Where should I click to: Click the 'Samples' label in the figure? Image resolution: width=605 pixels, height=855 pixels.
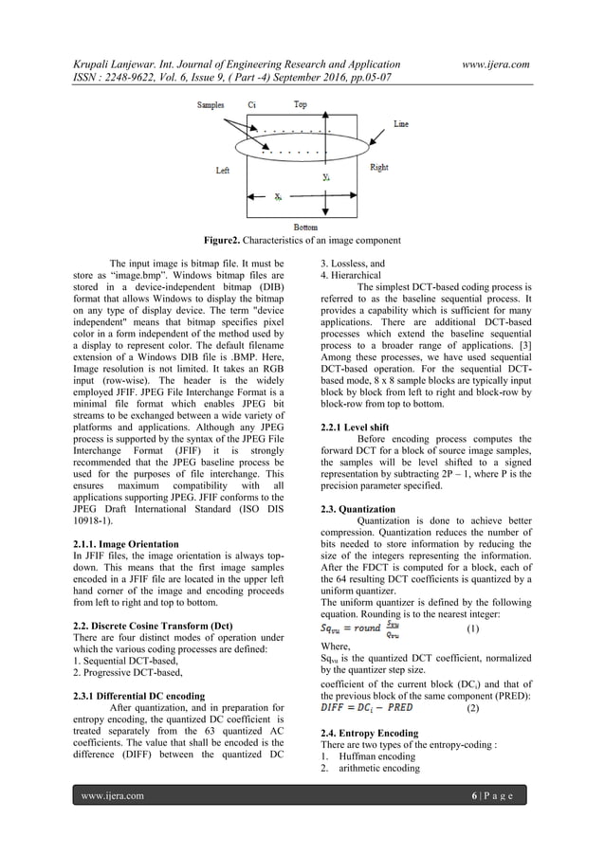tap(211, 104)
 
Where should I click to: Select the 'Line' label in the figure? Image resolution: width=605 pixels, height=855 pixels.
tap(401, 124)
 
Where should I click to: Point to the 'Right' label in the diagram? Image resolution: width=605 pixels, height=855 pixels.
tap(378, 168)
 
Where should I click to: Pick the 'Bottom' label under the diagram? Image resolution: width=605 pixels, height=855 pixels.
tap(305, 228)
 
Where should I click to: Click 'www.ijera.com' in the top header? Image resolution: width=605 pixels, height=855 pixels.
tap(492, 64)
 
